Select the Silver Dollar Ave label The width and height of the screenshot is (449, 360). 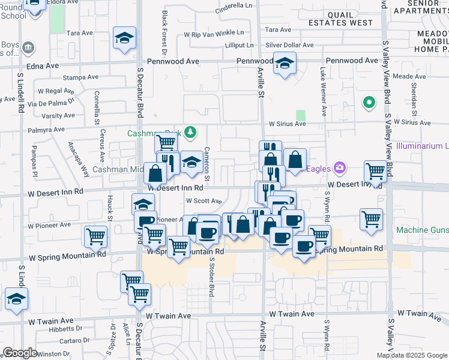290,45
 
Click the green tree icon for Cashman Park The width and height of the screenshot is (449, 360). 190,131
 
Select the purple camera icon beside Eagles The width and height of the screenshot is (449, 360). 340,168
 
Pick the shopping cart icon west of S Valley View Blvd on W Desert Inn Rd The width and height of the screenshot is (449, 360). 375,171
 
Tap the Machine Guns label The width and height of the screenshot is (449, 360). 423,230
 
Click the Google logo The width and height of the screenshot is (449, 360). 20,353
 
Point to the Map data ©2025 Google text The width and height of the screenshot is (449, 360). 411,355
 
